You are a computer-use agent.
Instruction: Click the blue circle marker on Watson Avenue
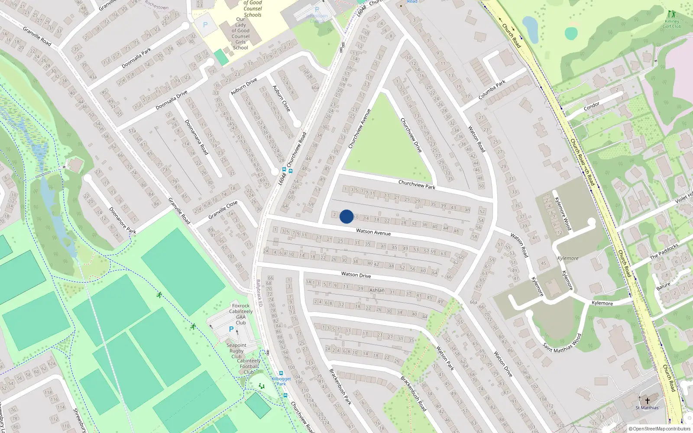pos(346,216)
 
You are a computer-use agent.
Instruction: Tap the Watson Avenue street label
pos(373,232)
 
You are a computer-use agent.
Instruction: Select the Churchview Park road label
pos(417,184)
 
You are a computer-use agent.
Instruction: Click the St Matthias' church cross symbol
pos(648,401)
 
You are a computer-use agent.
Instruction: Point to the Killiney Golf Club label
pos(672,24)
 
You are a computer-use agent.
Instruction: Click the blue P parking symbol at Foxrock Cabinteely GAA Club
pos(231,329)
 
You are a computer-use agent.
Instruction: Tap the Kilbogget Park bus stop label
pos(281,381)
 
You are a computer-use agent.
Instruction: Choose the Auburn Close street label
pos(282,98)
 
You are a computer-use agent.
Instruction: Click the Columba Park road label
pos(492,90)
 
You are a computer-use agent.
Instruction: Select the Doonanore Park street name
pos(122,220)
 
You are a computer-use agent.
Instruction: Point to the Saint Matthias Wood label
pos(562,343)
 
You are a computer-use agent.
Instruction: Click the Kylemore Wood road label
pos(563,213)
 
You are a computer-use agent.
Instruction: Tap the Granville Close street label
pos(223,210)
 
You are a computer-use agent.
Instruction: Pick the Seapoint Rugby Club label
pos(236,351)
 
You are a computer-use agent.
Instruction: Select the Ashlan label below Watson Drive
pos(377,290)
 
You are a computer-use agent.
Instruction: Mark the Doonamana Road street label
pos(197,137)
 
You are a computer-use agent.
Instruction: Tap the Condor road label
pos(592,106)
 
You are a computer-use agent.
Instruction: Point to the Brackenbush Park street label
pos(340,387)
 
